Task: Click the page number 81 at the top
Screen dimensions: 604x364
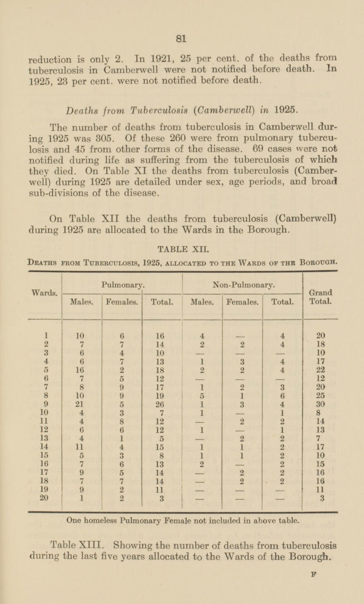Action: pos(182,40)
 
